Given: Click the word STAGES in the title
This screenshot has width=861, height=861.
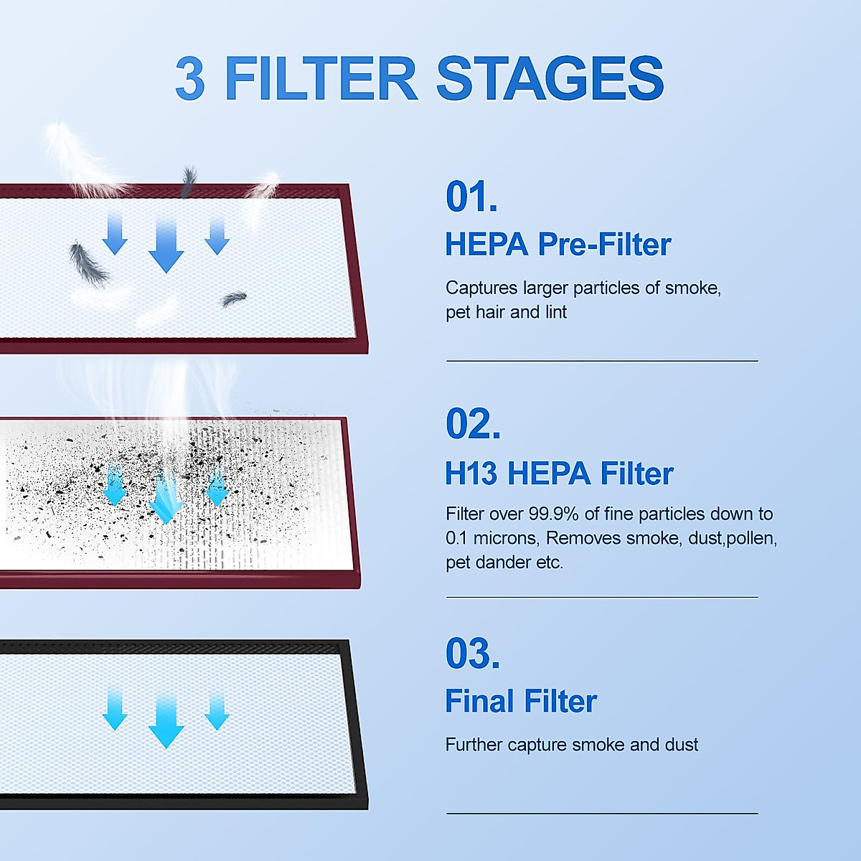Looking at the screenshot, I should click(x=550, y=78).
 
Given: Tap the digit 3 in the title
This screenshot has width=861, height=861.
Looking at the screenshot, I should click(x=190, y=79).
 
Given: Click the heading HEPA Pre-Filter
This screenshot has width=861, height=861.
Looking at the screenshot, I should click(x=557, y=245).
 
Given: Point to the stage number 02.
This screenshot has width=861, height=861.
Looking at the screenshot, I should click(x=472, y=424).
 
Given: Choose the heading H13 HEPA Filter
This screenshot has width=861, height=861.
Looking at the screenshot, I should click(x=559, y=474).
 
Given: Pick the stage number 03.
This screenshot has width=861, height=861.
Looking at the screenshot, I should click(x=472, y=654).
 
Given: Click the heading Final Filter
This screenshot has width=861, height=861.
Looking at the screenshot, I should click(x=520, y=702).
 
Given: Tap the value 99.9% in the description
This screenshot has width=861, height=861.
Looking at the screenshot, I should click(x=553, y=514).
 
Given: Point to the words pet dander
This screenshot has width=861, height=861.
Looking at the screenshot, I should click(x=489, y=563).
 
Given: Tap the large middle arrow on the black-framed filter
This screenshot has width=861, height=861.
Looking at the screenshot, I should click(x=166, y=720).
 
